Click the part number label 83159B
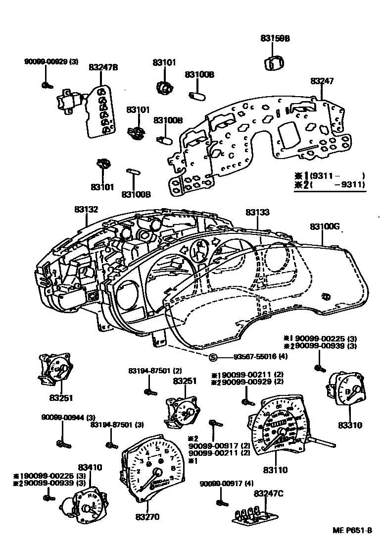point(275,38)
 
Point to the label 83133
point(258,213)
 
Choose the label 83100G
point(325,226)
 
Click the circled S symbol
point(213,357)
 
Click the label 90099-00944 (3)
point(68,418)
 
